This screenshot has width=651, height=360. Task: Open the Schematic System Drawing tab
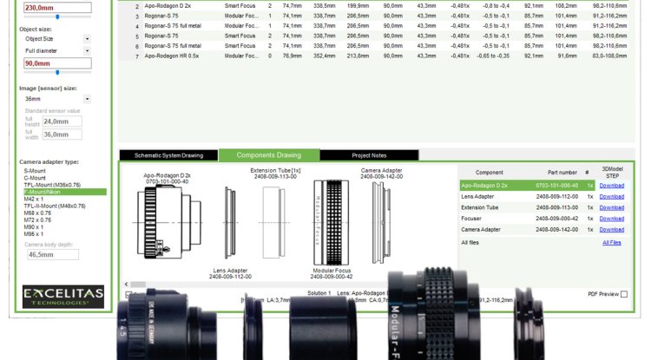tap(168, 155)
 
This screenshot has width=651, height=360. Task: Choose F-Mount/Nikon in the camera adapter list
tap(44, 192)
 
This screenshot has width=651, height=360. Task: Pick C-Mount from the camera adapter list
tap(35, 178)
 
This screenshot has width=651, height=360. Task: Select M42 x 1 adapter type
tap(36, 199)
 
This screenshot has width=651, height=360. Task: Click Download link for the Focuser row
tap(611, 219)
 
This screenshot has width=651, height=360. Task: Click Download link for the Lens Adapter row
tap(611, 196)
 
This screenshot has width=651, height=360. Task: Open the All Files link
tap(612, 243)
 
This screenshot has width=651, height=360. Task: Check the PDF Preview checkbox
tap(623, 294)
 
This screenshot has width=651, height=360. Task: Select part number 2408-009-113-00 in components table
tap(556, 207)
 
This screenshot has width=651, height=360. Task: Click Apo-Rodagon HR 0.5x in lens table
tap(173, 56)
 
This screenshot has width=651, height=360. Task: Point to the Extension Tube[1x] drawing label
tap(275, 171)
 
